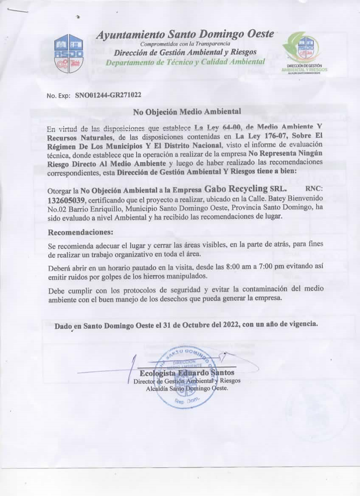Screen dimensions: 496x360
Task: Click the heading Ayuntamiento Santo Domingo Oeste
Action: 185,34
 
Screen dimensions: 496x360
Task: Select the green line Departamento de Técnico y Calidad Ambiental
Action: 185,62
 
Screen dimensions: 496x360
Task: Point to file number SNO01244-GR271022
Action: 108,96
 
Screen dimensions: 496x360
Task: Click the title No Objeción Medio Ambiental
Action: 187,112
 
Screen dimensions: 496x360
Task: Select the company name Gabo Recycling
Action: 231,188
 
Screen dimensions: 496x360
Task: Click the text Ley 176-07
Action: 255,136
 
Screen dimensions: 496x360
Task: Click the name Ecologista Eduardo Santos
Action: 187,373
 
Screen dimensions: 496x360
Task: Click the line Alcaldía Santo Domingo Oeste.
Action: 187,389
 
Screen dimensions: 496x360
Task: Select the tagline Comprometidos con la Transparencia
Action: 185,44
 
